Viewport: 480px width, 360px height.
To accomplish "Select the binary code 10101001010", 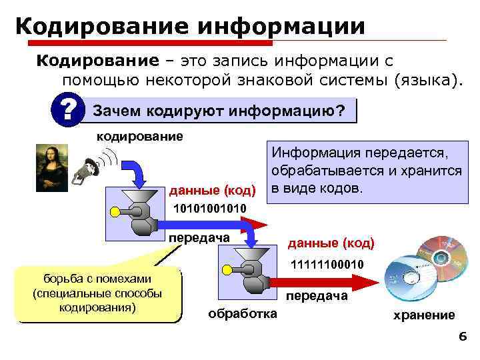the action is click(x=209, y=209).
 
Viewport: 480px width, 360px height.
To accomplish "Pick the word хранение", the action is click(x=424, y=315).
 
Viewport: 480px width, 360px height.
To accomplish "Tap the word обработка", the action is click(x=243, y=313).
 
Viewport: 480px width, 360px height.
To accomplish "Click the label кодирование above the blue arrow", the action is click(x=140, y=137).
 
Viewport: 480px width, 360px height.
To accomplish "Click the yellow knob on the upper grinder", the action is click(x=115, y=213).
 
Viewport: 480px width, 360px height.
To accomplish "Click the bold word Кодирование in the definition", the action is click(x=97, y=61).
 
